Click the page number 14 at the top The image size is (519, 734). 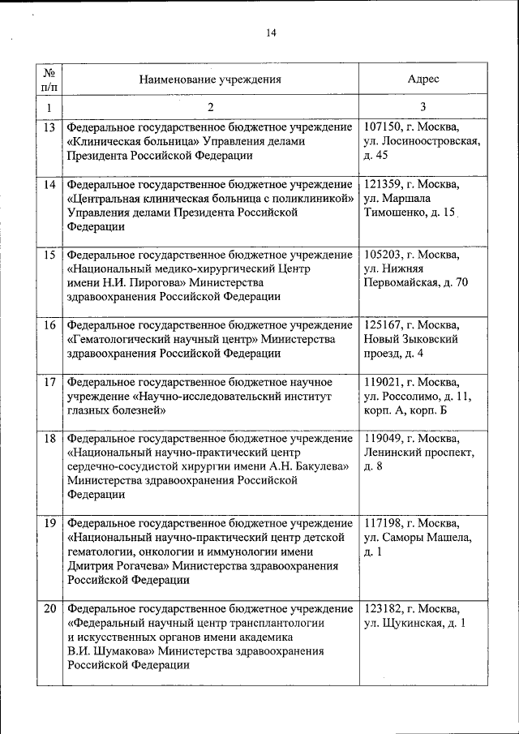click(271, 32)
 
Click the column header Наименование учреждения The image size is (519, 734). click(210, 79)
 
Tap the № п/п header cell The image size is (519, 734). click(49, 79)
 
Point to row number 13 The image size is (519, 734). click(49, 127)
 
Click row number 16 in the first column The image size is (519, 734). click(49, 325)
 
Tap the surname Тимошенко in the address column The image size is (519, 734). click(400, 212)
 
